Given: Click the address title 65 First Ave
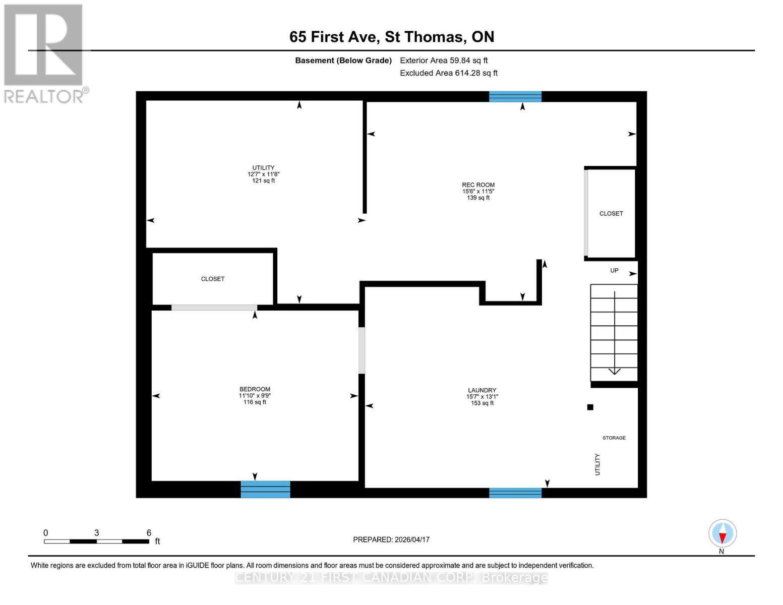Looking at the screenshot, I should pos(391,37).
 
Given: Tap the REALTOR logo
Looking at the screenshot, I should pos(44,53).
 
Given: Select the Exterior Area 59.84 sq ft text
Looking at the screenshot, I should pos(444,60).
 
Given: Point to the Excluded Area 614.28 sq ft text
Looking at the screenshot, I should pos(449,73).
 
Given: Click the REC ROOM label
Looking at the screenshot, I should pos(478,185).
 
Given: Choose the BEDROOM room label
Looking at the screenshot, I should pos(255,389).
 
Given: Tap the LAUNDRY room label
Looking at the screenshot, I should pos(482,390).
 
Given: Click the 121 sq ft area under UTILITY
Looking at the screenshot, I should pos(263,181).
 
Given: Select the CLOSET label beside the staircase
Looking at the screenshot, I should pos(611,214).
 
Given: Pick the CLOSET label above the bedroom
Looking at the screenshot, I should pos(213,279).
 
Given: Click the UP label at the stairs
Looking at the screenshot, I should pos(614,271).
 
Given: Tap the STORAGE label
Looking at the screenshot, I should pos(614,438).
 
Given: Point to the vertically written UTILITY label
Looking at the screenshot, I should pos(597,464).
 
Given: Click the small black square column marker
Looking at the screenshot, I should pos(590,407).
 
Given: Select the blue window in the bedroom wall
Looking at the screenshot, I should pos(265,490).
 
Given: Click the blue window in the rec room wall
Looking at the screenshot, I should pos(515,97).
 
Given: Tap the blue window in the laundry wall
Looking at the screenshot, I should pos(515,493).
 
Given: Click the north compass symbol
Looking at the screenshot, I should pos(722,533).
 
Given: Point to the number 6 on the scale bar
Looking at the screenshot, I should pos(149,533).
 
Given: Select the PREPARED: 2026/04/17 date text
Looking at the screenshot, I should pos(391,539).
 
